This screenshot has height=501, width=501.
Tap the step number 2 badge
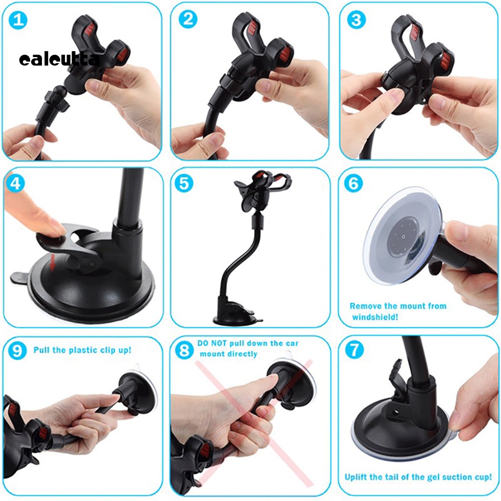pyautogui.click(x=188, y=20)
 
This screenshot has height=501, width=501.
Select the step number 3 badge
pyautogui.click(x=356, y=20)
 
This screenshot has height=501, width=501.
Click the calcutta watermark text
pyautogui.click(x=59, y=60)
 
